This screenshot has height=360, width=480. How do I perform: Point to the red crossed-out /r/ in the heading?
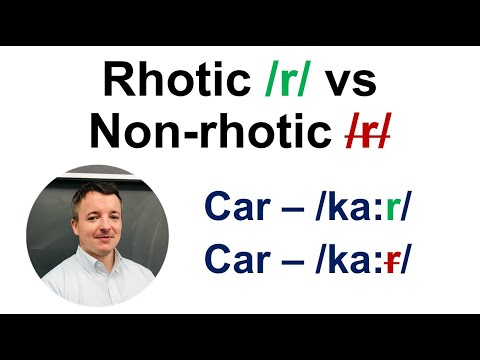(366, 131)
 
